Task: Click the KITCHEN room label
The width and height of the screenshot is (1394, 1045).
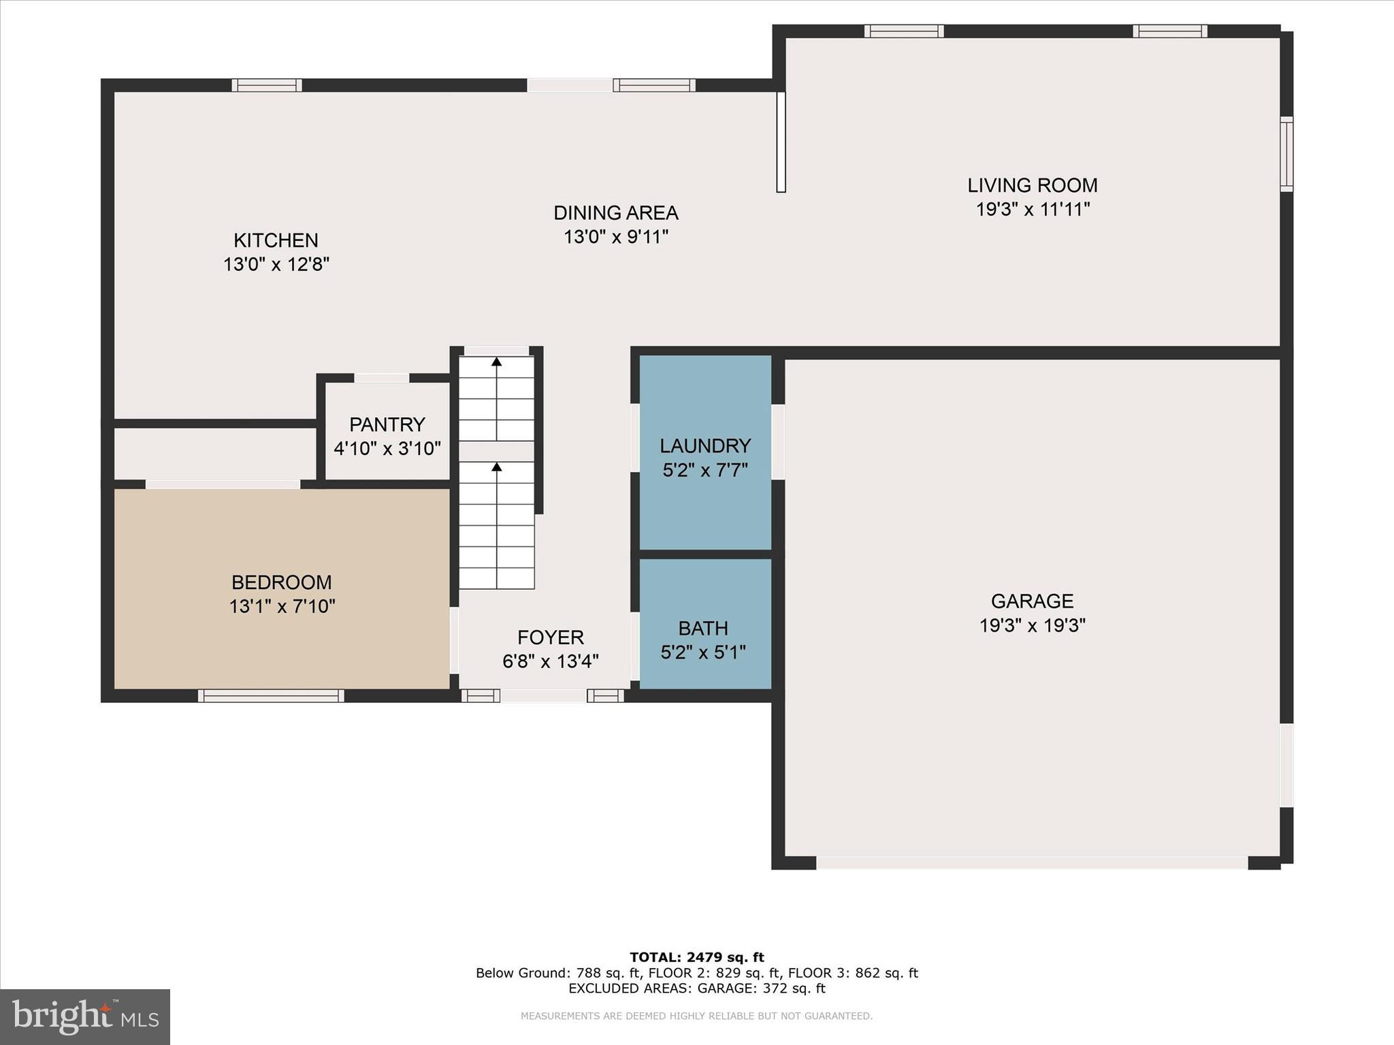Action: (276, 240)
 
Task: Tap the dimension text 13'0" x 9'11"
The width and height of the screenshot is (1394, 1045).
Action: (616, 237)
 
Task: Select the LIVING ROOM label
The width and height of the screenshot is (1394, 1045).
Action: (1033, 185)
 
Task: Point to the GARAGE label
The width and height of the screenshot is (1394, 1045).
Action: (1032, 601)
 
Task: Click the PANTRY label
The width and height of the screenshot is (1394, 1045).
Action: (387, 425)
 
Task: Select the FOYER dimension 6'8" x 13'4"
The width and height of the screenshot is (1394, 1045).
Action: (551, 661)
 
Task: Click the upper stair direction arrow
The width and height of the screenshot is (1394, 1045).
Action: (496, 362)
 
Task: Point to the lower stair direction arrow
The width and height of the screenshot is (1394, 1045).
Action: (496, 467)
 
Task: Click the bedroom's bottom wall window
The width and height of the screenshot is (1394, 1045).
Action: (271, 695)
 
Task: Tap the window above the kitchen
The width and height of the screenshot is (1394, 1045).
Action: (266, 85)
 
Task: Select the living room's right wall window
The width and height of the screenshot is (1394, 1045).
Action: (1286, 154)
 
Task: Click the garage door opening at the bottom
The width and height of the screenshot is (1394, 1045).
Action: (1031, 863)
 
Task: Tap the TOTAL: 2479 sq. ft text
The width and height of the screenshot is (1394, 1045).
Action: (696, 957)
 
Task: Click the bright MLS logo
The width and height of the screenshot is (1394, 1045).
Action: (85, 1016)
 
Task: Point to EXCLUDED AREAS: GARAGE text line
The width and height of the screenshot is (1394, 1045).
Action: (696, 989)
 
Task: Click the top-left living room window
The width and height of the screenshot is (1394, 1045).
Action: (903, 31)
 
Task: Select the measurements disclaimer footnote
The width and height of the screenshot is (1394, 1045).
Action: (696, 1016)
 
